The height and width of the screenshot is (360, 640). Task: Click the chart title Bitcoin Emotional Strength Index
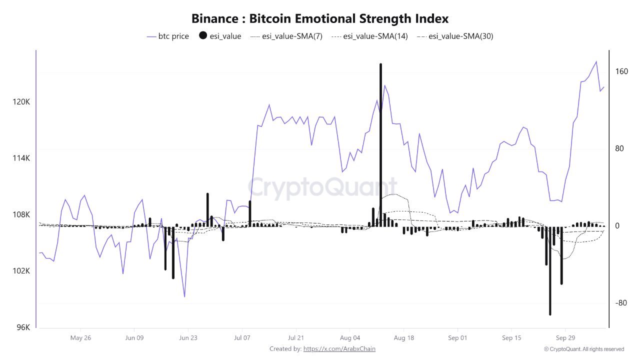(x=320, y=19)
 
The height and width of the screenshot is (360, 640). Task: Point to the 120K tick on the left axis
(x=21, y=102)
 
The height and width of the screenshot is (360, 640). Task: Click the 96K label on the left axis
(x=23, y=327)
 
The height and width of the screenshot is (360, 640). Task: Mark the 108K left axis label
(x=21, y=215)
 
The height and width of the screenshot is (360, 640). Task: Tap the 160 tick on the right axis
(x=621, y=71)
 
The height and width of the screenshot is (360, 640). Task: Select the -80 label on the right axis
(x=621, y=303)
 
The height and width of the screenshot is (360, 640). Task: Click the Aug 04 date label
(x=349, y=338)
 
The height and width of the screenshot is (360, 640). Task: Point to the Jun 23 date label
(x=188, y=338)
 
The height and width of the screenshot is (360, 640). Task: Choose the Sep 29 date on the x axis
(x=565, y=338)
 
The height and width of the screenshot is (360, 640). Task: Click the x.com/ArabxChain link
(x=339, y=349)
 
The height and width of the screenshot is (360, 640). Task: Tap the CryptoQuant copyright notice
(x=584, y=349)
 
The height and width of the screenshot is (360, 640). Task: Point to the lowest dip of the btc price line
(x=184, y=296)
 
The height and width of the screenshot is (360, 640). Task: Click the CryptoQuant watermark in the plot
(x=322, y=188)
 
